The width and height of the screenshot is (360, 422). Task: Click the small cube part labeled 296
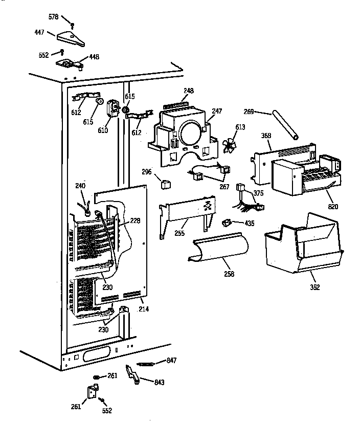(x=165, y=183)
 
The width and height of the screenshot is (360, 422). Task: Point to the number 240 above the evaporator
(x=80, y=187)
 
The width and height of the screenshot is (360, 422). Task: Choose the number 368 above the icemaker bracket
(x=265, y=136)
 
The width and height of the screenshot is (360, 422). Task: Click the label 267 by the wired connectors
(x=224, y=187)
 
